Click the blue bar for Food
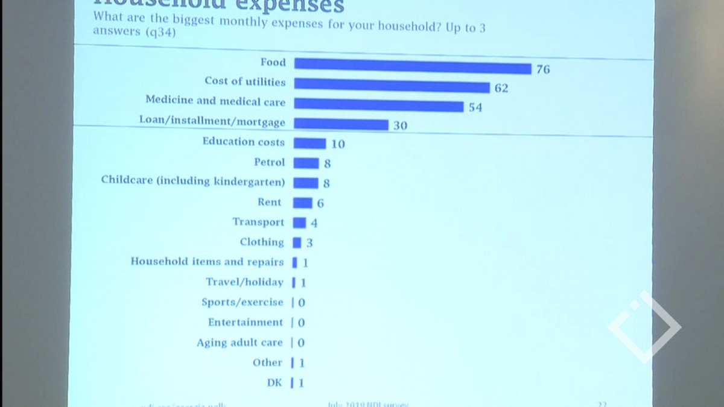pyautogui.click(x=412, y=66)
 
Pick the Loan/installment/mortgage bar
pyautogui.click(x=341, y=124)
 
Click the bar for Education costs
pyautogui.click(x=310, y=144)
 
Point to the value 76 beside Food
pyautogui.click(x=543, y=69)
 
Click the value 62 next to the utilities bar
pyautogui.click(x=501, y=89)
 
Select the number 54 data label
pyautogui.click(x=475, y=107)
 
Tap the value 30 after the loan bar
pyautogui.click(x=400, y=125)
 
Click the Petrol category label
pyautogui.click(x=269, y=162)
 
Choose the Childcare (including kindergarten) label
pyautogui.click(x=193, y=181)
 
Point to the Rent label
pyautogui.click(x=270, y=202)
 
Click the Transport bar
pyautogui.click(x=299, y=222)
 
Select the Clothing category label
pyautogui.click(x=262, y=242)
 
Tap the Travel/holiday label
pyautogui.click(x=244, y=282)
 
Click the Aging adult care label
pyautogui.click(x=240, y=342)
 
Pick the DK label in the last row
pyautogui.click(x=275, y=382)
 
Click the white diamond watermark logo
pyautogui.click(x=644, y=327)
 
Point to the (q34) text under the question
pyautogui.click(x=159, y=33)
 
